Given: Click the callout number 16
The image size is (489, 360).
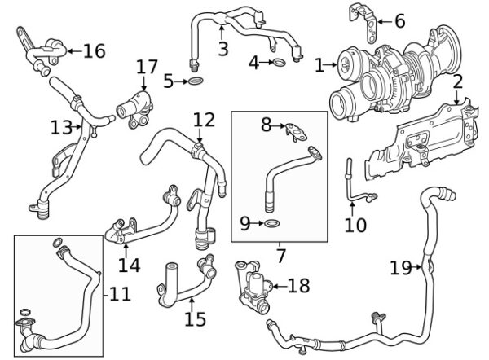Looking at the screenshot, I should pos(95,51).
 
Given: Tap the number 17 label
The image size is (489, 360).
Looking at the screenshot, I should pos(147,66).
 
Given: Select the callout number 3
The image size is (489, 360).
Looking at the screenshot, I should pos(222,49).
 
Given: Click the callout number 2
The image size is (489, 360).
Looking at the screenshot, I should pos(458,81).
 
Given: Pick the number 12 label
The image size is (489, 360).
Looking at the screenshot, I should pos(204,121).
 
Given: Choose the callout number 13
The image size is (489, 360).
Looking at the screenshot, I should pos(60,128).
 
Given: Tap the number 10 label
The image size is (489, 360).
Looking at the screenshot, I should pos(355,223).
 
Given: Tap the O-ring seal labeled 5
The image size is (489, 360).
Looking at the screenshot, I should pos(197,81).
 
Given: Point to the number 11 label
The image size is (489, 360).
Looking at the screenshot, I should pos(120,292).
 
